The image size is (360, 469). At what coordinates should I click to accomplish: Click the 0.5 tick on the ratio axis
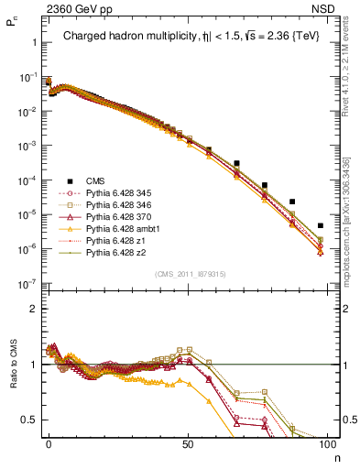(28, 420)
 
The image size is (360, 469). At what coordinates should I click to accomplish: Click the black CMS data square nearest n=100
(320, 225)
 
